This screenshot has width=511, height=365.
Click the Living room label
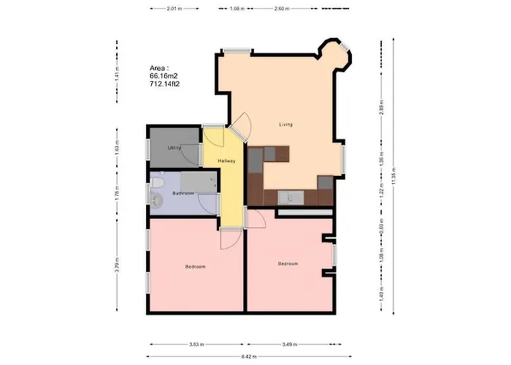[x=285, y=125]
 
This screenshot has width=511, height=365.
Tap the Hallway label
[x=226, y=161]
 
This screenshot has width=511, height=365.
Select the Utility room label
[x=174, y=148]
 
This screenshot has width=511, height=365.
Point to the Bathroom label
[x=182, y=193]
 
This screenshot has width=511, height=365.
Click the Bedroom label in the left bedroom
[x=195, y=267]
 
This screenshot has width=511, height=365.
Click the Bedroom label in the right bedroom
[x=288, y=264]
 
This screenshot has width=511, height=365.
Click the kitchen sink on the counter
[x=290, y=196]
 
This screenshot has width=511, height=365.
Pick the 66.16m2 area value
[x=164, y=75]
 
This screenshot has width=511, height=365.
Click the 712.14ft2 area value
[x=164, y=84]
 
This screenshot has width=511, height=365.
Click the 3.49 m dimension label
[x=290, y=343]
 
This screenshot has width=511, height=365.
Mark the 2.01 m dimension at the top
[x=173, y=9]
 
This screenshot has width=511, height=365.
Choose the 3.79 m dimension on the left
[x=117, y=266]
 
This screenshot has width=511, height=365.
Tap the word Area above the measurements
[x=158, y=67]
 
